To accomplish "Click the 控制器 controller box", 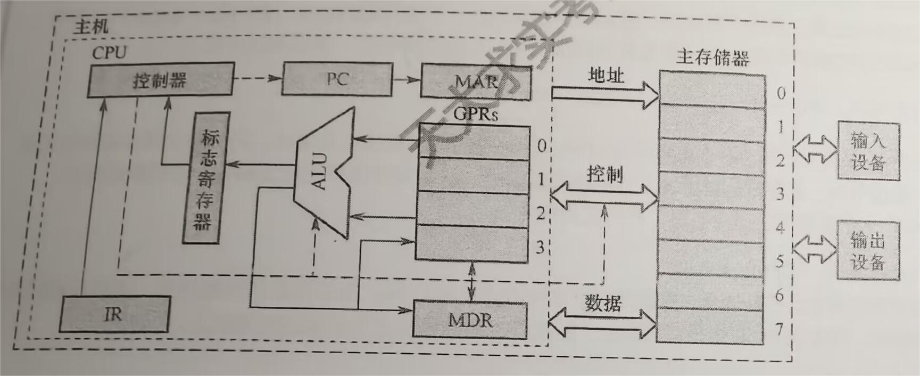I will pyautogui.click(x=160, y=80).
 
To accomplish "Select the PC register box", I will pyautogui.click(x=337, y=79).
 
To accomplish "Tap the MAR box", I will pyautogui.click(x=476, y=81).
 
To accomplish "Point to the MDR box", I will pyautogui.click(x=470, y=320).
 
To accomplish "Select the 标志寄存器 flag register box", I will pyautogui.click(x=206, y=178).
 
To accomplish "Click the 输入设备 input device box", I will pyautogui.click(x=868, y=151).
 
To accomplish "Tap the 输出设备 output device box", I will pyautogui.click(x=868, y=250).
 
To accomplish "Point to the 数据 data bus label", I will pyautogui.click(x=603, y=304).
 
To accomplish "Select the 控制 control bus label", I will pyautogui.click(x=604, y=174).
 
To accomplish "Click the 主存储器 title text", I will pyautogui.click(x=712, y=57).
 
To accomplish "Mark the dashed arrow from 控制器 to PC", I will pyautogui.click(x=258, y=79).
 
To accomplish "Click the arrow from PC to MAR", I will pyautogui.click(x=407, y=80).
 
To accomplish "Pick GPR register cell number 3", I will pyautogui.click(x=471, y=243).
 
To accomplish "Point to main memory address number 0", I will pyautogui.click(x=781, y=94).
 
